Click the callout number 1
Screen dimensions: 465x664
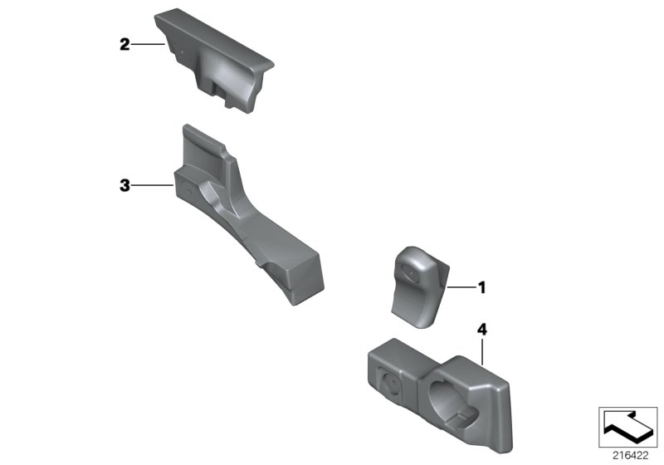tap(480, 288)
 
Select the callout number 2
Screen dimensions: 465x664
tap(124, 44)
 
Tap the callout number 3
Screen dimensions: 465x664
tap(124, 186)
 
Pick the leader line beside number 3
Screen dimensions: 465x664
tap(151, 186)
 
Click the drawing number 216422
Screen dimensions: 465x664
tap(627, 456)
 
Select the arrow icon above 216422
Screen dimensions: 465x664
tap(627, 428)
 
